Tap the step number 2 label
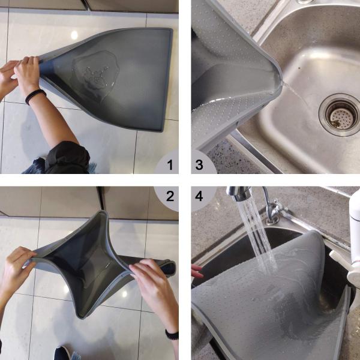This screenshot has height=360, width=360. click(x=169, y=196)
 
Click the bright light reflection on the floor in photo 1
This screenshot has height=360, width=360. click(x=74, y=35)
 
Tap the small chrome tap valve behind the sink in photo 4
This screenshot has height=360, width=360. click(x=276, y=211)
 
